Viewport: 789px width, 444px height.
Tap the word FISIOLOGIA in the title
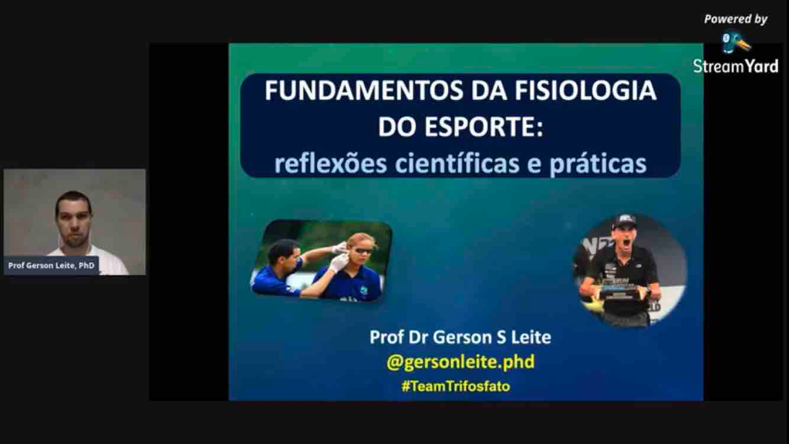(585, 90)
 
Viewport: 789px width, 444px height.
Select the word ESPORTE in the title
(484, 127)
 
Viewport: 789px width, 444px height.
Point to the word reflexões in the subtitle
(330, 163)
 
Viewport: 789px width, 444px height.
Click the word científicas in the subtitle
(457, 163)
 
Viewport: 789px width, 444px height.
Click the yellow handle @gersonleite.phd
(460, 362)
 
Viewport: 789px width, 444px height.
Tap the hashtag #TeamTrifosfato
(456, 386)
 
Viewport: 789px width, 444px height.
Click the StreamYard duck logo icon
(735, 42)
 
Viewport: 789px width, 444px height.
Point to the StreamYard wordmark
(736, 66)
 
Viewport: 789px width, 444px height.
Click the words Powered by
(736, 19)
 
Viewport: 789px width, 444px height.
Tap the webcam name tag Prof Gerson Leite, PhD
(52, 265)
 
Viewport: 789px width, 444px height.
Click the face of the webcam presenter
(75, 222)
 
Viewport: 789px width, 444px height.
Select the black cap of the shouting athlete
(624, 221)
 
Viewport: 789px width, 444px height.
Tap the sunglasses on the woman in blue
(362, 249)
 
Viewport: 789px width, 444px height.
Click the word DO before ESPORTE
(397, 127)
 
